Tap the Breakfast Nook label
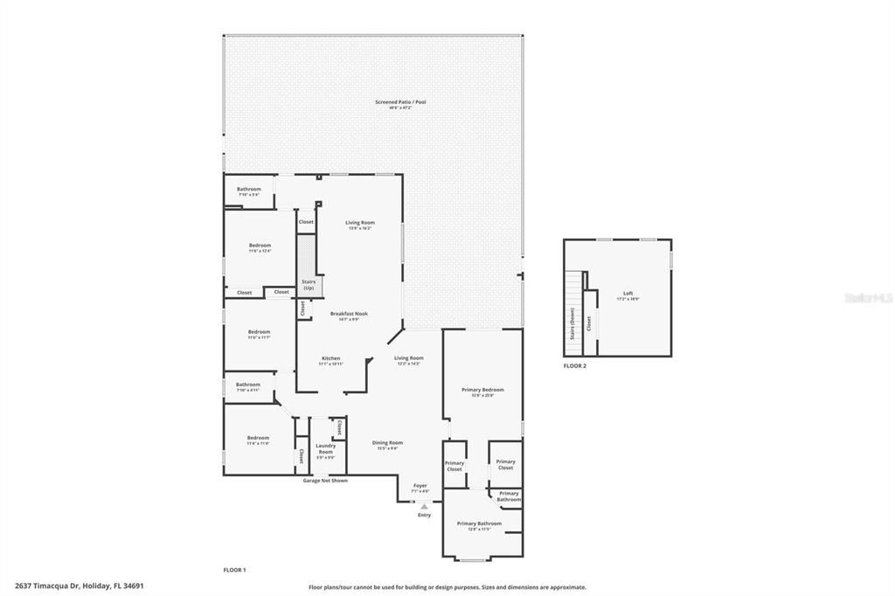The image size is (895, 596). click(x=348, y=315)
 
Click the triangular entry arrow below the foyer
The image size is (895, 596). click(x=424, y=506)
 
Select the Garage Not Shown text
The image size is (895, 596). click(x=325, y=481)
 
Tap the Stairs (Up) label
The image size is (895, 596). click(x=309, y=285)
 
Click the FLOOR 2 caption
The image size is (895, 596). click(x=574, y=366)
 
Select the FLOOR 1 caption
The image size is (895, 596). click(x=234, y=570)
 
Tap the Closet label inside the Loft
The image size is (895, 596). click(x=589, y=323)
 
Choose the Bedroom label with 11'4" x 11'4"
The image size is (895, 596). click(x=258, y=440)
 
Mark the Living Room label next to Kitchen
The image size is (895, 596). click(x=408, y=359)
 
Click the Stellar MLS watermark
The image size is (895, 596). click(x=868, y=298)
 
